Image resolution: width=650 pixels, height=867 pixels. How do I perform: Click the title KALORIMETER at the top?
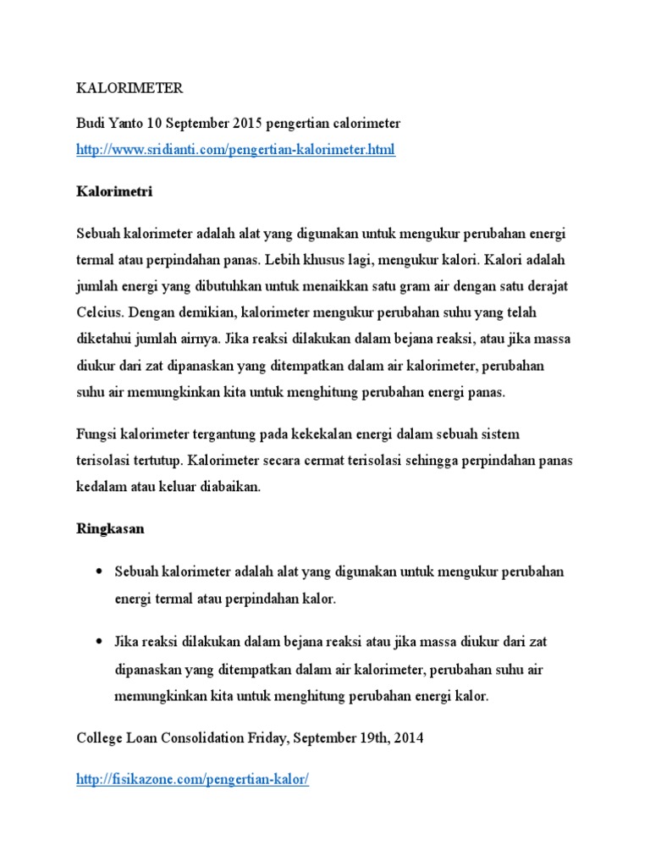[x=129, y=88]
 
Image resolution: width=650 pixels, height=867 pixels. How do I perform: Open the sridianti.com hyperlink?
[x=234, y=150]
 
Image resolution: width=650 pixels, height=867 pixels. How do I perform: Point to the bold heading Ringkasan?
[x=110, y=528]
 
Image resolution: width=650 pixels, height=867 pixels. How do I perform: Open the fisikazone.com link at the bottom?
[x=192, y=780]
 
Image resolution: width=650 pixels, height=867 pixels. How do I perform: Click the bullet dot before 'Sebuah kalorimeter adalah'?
[x=99, y=572]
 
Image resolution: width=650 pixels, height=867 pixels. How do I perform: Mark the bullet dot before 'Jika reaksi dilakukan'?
[x=99, y=641]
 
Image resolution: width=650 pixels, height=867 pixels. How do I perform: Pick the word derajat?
[x=545, y=286]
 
